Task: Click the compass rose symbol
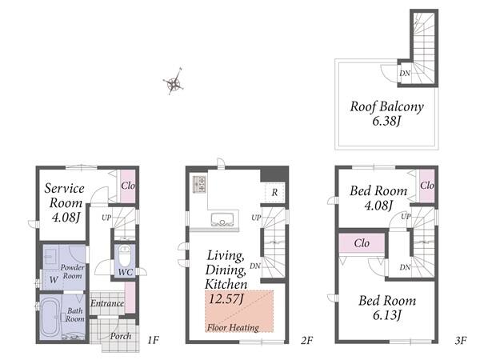[x=174, y=82]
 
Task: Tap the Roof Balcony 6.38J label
[x=386, y=114]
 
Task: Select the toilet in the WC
[x=125, y=256]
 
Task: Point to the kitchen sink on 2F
[x=222, y=220]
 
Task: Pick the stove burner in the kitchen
[x=199, y=184]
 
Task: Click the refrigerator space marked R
[x=274, y=192]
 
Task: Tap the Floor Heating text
[x=233, y=327]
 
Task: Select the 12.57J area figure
[x=226, y=298]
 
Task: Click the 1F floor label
[x=153, y=340]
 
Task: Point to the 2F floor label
[x=306, y=340]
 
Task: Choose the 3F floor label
[x=461, y=340]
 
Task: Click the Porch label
[x=121, y=336]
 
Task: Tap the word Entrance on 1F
[x=107, y=303]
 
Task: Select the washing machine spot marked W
[x=54, y=279]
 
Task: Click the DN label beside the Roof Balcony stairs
[x=405, y=73]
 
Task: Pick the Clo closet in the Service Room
[x=127, y=186]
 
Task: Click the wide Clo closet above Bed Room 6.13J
[x=362, y=243]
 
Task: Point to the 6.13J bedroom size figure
[x=387, y=314]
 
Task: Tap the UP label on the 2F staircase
[x=256, y=218]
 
